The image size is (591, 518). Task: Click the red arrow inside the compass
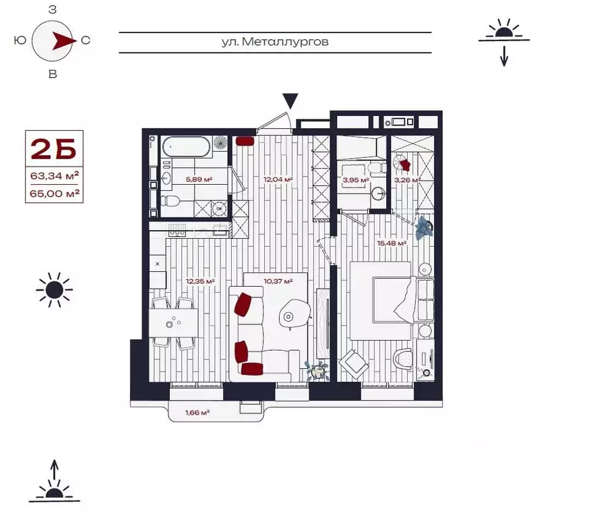63,40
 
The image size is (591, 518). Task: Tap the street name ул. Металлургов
275,42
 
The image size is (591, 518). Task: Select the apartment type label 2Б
55,148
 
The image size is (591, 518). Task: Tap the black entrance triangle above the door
290,101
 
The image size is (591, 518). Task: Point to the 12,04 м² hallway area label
278,179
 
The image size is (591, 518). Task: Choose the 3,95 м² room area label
355,180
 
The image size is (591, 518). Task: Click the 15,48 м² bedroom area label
392,243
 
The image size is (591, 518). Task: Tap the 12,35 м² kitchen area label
200,281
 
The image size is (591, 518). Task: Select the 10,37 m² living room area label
278,281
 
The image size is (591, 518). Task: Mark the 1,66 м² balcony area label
197,412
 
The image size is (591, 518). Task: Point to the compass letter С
86,40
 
